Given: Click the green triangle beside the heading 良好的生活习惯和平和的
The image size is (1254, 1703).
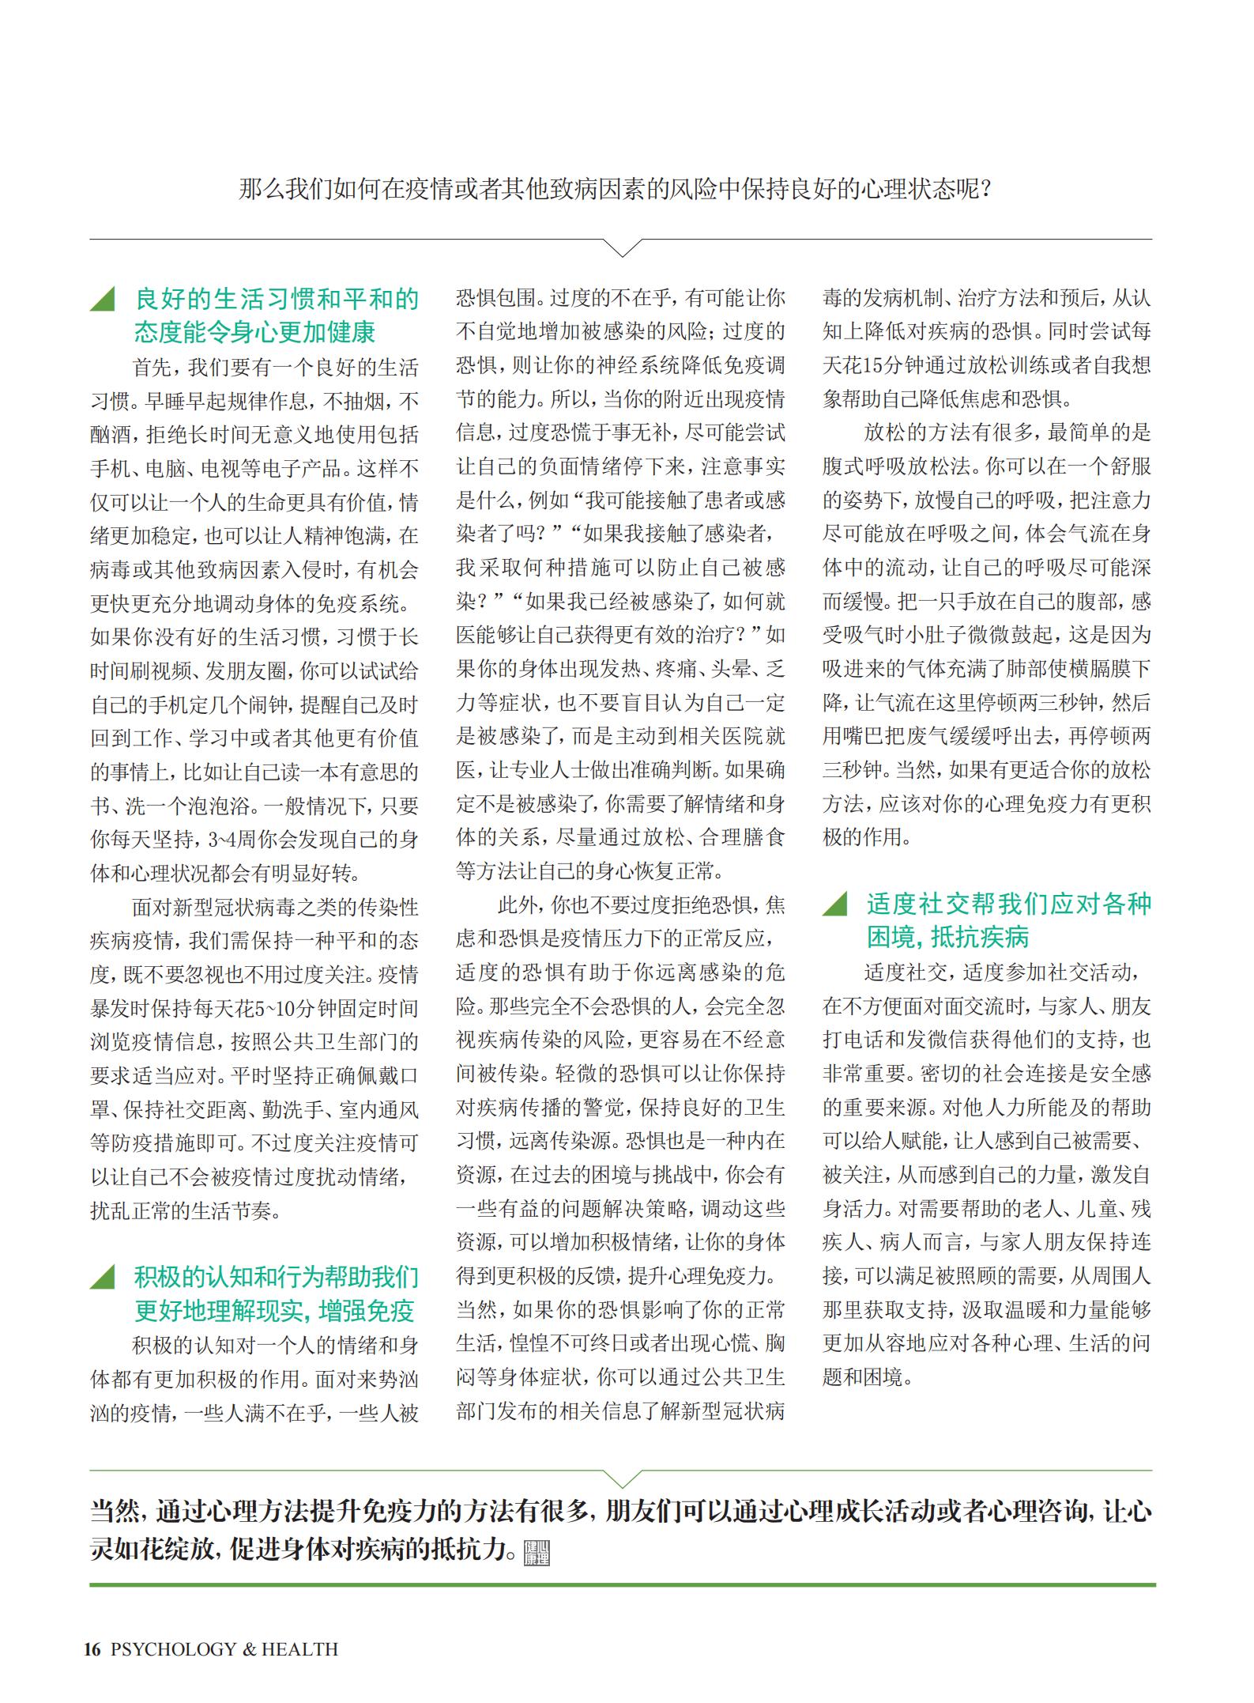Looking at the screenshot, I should point(104,299).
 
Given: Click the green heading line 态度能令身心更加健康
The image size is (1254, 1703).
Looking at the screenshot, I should point(254,332).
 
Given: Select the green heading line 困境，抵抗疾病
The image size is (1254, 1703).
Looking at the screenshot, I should point(947,938).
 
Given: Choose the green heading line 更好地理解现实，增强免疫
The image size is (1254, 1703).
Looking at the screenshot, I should point(274,1311).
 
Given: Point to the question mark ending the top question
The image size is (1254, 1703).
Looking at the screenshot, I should point(984,191).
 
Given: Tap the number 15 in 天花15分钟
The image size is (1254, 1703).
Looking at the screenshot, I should point(873,366).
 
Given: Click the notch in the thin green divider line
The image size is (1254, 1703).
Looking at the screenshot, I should point(622,1478).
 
